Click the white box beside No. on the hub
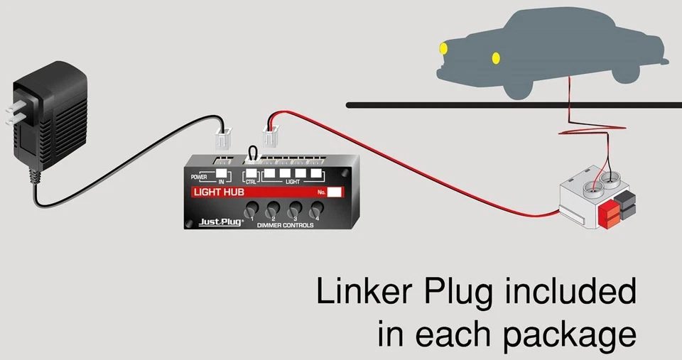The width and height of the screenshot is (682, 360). (336, 192)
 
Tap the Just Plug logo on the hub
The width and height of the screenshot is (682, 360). (220, 221)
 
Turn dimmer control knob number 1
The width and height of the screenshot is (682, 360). (251, 210)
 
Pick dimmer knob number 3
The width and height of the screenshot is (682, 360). (293, 210)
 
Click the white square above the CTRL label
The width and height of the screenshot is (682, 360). (251, 173)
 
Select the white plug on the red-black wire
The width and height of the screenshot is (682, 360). (271, 133)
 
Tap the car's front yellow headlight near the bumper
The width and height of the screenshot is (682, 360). (443, 49)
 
